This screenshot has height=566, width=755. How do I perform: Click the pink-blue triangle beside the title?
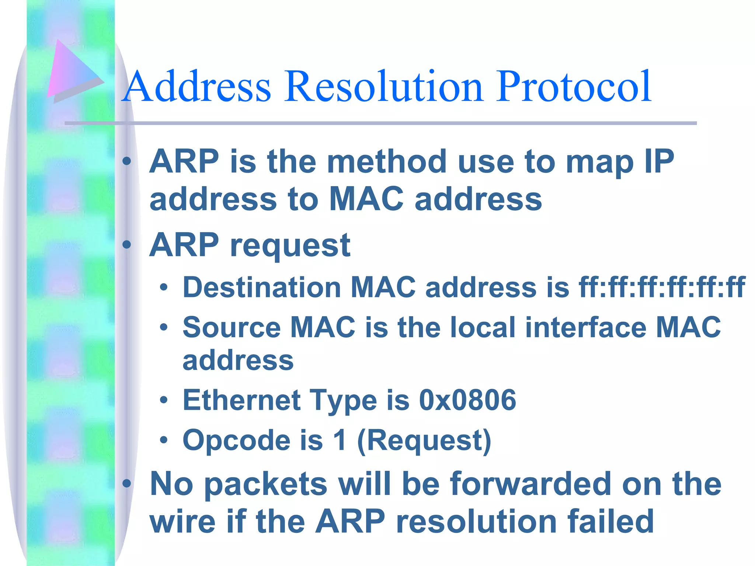72,70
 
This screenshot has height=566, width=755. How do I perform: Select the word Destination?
262,287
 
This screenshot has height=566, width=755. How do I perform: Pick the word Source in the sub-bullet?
232,327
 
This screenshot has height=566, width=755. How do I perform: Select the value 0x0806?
467,400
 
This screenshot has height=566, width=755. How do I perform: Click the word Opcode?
236,441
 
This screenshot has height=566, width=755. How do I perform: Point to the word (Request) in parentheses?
424,441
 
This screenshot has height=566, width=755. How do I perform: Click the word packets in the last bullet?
265,484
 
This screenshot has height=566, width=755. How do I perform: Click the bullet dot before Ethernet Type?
164,400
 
